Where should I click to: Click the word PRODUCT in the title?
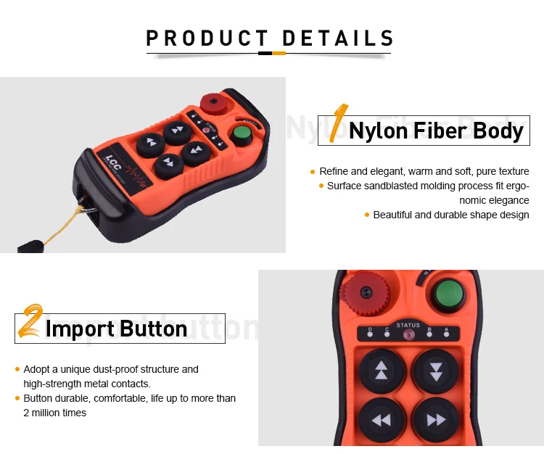pyautogui.click(x=207, y=38)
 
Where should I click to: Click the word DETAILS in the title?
pyautogui.click(x=337, y=38)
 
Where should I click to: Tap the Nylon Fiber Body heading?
pyautogui.click(x=436, y=131)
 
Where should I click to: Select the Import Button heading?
pyautogui.click(x=116, y=329)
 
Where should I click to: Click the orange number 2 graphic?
pyautogui.click(x=29, y=323)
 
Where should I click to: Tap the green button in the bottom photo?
pyautogui.click(x=448, y=295)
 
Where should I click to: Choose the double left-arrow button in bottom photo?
pyautogui.click(x=382, y=420)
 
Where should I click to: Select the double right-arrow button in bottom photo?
pyautogui.click(x=436, y=420)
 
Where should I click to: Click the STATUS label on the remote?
pyautogui.click(x=408, y=326)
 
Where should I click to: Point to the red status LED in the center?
pyautogui.click(x=408, y=335)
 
